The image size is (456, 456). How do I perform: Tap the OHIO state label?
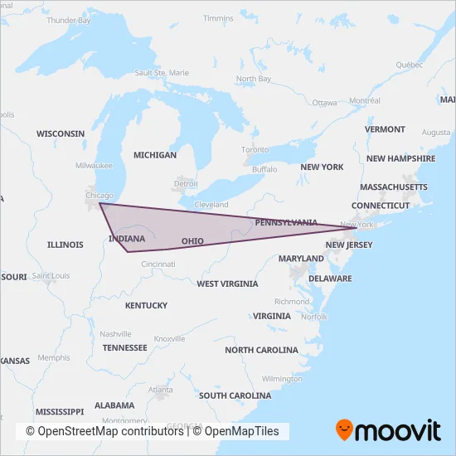pyautogui.click(x=192, y=240)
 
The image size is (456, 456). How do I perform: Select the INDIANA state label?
pyautogui.click(x=127, y=239)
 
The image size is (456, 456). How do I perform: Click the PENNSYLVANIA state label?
pyautogui.click(x=285, y=222)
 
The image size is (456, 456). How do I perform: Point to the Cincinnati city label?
pyautogui.click(x=158, y=264)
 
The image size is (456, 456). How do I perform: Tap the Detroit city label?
pyautogui.click(x=187, y=182)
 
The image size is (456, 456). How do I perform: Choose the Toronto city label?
pyautogui.click(x=255, y=149)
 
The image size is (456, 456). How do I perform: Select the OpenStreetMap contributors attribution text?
pyautogui.click(x=104, y=431)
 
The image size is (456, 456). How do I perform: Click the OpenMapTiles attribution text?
pyautogui.click(x=240, y=431)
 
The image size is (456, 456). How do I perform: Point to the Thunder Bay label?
pyautogui.click(x=69, y=20)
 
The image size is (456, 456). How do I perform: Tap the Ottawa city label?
pyautogui.click(x=325, y=103)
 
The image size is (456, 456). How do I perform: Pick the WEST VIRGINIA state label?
pyautogui.click(x=227, y=284)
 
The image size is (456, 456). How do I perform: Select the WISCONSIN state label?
pyautogui.click(x=61, y=133)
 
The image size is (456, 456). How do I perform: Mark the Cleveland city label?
pyautogui.click(x=211, y=204)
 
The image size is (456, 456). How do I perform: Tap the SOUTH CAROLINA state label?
pyautogui.click(x=236, y=395)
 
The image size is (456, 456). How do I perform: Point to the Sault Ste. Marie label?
pyautogui.click(x=162, y=73)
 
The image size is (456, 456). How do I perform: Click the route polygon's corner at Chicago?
pyautogui.click(x=99, y=204)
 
